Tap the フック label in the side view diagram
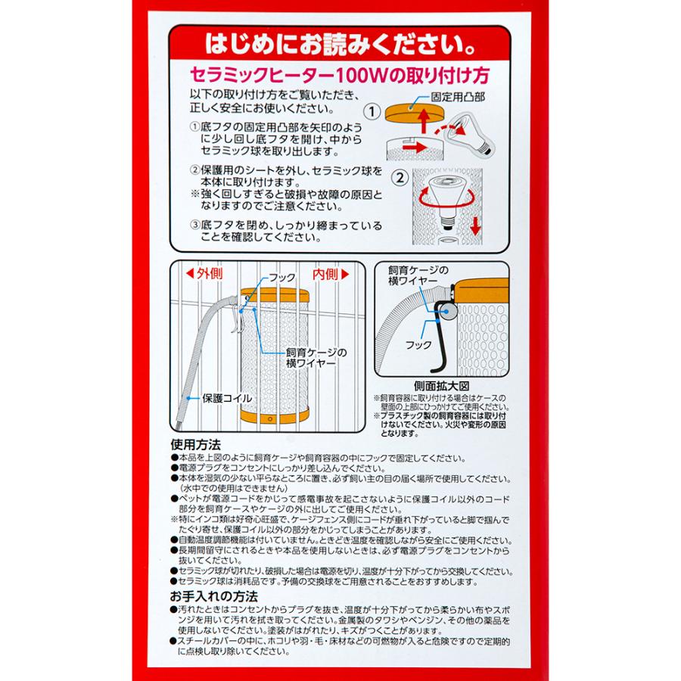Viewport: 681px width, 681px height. tap(418, 344)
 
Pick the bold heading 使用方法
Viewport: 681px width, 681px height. tap(195, 445)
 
